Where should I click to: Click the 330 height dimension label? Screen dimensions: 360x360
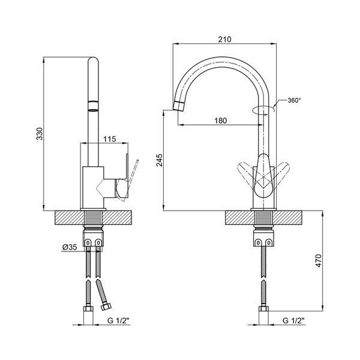40,134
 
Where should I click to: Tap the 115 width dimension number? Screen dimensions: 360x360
110,139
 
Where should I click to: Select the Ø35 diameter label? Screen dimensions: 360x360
70,247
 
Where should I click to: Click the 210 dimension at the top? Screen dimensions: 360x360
224,39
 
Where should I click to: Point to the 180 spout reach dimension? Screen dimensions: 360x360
220,121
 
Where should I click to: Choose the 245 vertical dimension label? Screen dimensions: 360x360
159,160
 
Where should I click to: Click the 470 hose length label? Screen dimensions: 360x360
319,260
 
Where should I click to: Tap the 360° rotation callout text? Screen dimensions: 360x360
294,100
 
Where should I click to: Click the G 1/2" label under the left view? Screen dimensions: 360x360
119,320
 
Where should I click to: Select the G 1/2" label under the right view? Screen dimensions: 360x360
293,320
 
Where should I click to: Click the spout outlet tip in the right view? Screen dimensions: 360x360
178,106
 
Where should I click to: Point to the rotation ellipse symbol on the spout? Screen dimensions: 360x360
263,110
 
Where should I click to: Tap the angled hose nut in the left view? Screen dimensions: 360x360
106,307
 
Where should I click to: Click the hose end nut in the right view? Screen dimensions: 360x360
263,308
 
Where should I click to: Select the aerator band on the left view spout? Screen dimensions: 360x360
93,106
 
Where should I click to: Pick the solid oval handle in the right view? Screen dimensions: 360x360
263,176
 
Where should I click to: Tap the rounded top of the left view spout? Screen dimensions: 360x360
93,59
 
